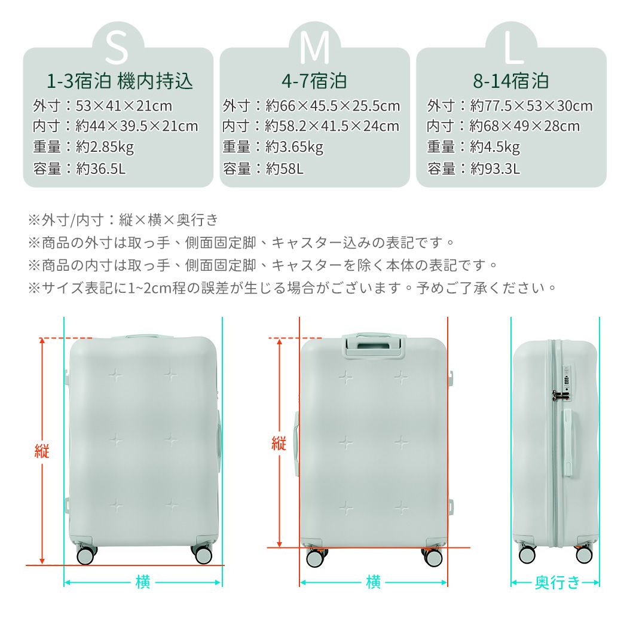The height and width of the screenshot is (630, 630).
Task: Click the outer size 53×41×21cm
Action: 124,106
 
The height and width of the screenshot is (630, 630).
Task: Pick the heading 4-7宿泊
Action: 314,81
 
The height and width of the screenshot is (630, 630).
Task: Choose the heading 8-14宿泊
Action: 511,81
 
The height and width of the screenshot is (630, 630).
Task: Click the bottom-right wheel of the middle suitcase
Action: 432,557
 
